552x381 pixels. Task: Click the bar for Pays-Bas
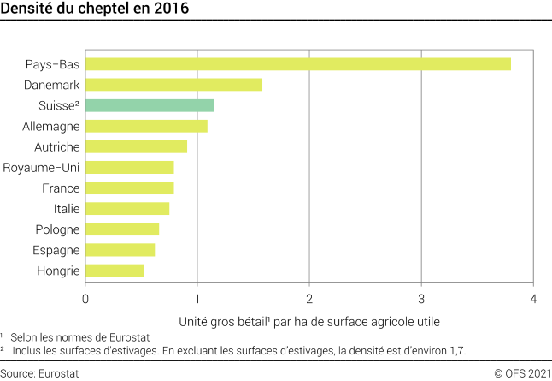(297, 64)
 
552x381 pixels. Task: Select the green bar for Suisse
(150, 105)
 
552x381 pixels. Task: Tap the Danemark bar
(173, 85)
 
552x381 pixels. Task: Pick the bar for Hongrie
(115, 271)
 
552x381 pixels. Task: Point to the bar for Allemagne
(146, 126)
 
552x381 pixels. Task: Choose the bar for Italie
(127, 209)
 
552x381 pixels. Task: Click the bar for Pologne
(122, 229)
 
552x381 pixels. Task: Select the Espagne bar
(120, 250)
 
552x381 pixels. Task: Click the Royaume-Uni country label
(41, 168)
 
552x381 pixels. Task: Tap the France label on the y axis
(61, 188)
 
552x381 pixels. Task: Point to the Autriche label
(57, 147)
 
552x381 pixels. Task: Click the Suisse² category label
(59, 105)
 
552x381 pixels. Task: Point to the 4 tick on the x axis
(533, 299)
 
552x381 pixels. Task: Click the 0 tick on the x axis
(85, 299)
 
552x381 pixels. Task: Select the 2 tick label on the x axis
(309, 299)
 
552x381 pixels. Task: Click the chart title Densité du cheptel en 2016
(95, 10)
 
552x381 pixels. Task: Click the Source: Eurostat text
(35, 372)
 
